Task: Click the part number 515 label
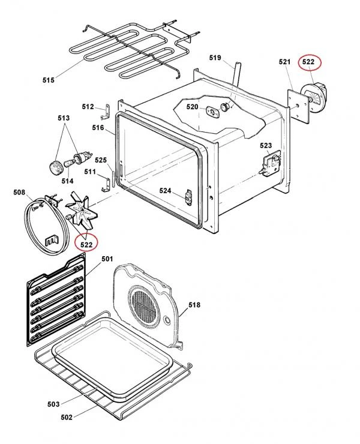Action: click(x=49, y=80)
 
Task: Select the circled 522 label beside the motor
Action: click(x=308, y=61)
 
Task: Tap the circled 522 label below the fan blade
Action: click(x=86, y=244)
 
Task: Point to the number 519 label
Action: click(x=215, y=58)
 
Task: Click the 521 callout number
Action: click(x=284, y=62)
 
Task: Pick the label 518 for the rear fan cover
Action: click(x=194, y=305)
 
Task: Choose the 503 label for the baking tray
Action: click(x=53, y=404)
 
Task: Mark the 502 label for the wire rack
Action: click(x=67, y=417)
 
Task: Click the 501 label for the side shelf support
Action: click(x=107, y=259)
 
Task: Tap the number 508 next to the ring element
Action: click(x=19, y=193)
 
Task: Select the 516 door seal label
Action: click(x=98, y=128)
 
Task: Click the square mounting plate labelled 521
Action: click(x=298, y=106)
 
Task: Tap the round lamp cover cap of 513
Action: click(x=56, y=167)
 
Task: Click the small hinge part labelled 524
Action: click(x=188, y=196)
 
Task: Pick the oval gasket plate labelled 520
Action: click(x=212, y=111)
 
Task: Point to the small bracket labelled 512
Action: click(x=106, y=111)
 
